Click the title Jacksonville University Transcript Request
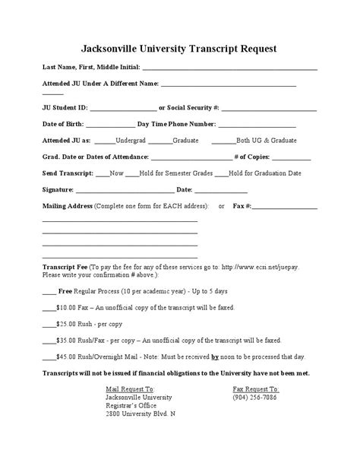coord(179,49)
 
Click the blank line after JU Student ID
coord(122,108)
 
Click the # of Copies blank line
coord(286,158)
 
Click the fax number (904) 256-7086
coord(256,398)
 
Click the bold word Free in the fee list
coord(65,291)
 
